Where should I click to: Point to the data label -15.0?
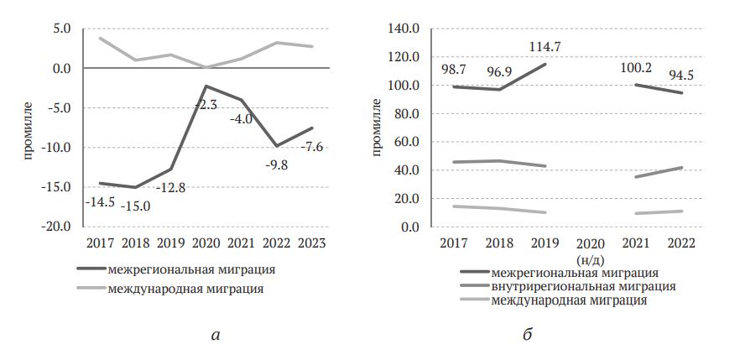pos(135,206)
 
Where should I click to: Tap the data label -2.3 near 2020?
pos(206,105)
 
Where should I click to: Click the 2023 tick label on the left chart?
pos(311,243)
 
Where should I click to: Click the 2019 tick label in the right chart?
pos(545,243)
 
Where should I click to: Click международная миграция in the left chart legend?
pos(185,289)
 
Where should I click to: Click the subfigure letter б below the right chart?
pos(527,335)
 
